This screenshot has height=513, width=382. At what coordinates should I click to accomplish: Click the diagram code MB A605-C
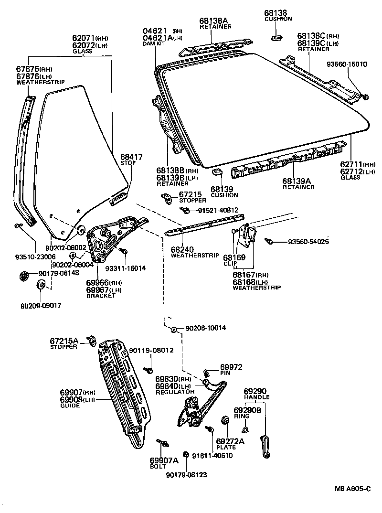pos(352,488)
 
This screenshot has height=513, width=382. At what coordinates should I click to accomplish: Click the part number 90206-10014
pos(205,328)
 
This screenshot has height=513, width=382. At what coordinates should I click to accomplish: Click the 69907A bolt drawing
pos(161,443)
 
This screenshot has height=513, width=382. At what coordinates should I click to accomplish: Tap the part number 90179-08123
pos(187,475)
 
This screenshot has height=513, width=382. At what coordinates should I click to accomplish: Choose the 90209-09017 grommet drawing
pos(41,285)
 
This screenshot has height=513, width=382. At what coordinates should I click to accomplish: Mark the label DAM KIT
pos(153,44)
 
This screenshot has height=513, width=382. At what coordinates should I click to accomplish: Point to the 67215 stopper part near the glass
pos(167,196)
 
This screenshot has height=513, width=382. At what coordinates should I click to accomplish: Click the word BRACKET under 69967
pos(101,296)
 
